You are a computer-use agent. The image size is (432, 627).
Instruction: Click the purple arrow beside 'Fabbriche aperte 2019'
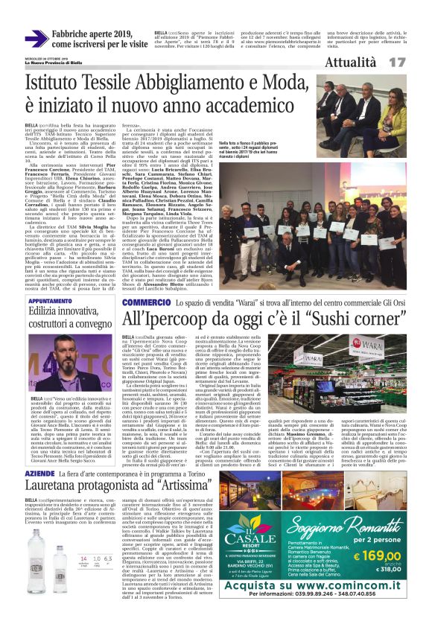(36, 39)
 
